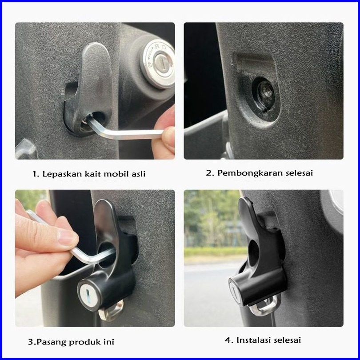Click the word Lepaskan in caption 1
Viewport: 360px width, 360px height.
click(x=62, y=174)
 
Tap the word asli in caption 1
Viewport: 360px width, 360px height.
click(x=139, y=174)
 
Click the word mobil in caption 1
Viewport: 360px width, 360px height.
click(x=116, y=174)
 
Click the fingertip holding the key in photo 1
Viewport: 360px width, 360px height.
click(x=168, y=138)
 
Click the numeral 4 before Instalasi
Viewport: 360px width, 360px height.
click(x=228, y=340)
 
